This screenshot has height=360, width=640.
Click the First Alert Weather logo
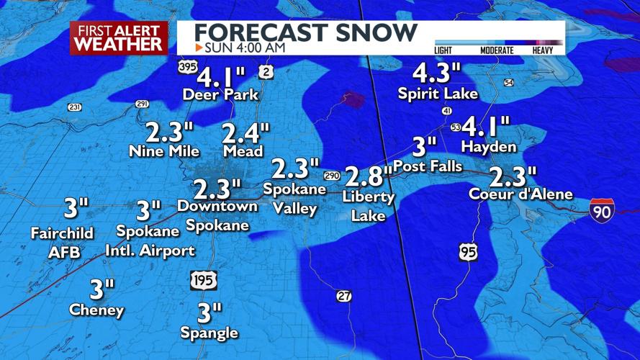119,37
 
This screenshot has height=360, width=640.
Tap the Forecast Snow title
306,32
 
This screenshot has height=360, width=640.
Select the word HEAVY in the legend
543,50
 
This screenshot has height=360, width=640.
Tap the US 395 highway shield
187,67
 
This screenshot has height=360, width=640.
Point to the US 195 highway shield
204,280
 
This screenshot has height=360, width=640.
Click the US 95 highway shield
469,252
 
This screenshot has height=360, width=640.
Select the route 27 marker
345,296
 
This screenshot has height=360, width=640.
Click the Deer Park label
220,94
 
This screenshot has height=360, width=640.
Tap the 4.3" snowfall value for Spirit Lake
436,73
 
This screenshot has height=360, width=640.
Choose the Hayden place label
489,147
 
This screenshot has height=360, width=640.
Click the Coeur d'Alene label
520,194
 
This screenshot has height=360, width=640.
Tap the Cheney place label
96,310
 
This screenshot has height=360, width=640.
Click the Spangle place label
209,333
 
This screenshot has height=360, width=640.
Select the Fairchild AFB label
55,243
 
